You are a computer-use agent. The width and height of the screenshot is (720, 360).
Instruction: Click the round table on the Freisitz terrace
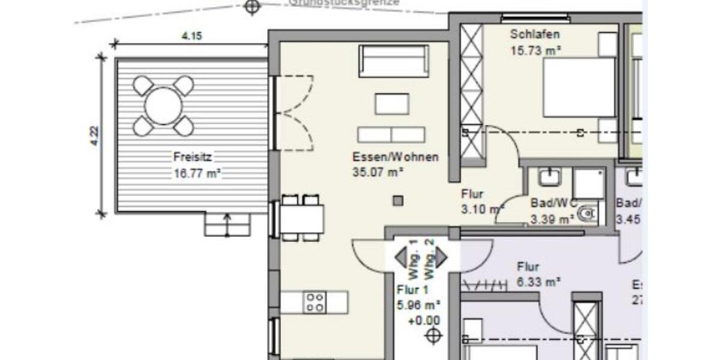click(x=163, y=106)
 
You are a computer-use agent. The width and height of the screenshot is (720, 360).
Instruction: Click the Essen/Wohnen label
click(x=395, y=157)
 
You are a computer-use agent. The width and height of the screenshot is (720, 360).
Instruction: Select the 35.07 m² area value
click(x=377, y=172)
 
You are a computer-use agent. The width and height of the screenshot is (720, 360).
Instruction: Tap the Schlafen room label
click(x=535, y=34)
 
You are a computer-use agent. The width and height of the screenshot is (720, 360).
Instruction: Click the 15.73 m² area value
click(x=535, y=50)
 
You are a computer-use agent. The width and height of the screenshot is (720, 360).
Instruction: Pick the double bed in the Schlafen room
click(x=579, y=88)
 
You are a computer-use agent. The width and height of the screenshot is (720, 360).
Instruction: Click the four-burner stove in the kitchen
click(x=315, y=302)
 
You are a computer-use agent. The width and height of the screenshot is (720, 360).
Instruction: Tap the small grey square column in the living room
click(x=398, y=202)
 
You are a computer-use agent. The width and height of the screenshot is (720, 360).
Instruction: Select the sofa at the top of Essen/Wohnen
click(x=394, y=61)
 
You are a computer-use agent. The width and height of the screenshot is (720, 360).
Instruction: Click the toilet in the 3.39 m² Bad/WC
click(x=589, y=214)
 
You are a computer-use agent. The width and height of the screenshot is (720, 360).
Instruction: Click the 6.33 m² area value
click(x=539, y=281)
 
